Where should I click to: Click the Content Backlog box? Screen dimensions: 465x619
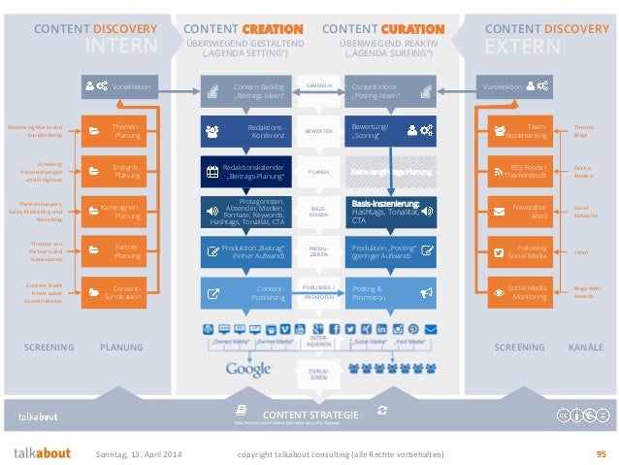[x=246, y=91]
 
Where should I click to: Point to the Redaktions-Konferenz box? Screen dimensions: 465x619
[x=246, y=131]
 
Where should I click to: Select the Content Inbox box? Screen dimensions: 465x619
[x=389, y=91]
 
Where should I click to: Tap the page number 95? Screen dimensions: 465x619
[x=601, y=453]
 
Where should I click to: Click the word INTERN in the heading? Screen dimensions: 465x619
[x=121, y=47]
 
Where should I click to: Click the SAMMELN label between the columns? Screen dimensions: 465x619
[x=319, y=86]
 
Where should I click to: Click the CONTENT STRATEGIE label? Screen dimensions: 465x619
[x=310, y=415]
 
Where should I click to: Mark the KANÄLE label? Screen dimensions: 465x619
[x=585, y=347]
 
